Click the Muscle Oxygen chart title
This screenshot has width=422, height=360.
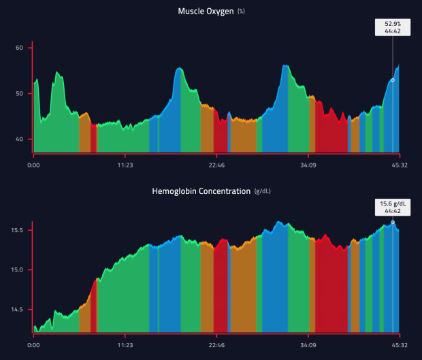pyautogui.click(x=206, y=11)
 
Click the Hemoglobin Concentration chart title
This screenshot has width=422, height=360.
pyautogui.click(x=201, y=191)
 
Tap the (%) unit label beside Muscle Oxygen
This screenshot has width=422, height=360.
pyautogui.click(x=241, y=12)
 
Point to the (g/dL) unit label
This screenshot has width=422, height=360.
pyautogui.click(x=262, y=192)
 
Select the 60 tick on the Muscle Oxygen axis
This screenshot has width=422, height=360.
pyautogui.click(x=20, y=48)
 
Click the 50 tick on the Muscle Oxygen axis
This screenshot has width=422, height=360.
pyautogui.click(x=20, y=93)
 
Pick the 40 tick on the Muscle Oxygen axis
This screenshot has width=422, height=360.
pyautogui.click(x=20, y=139)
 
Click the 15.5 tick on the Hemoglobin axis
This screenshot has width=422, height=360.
pyautogui.click(x=18, y=231)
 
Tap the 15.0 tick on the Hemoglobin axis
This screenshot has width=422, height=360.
pyautogui.click(x=18, y=270)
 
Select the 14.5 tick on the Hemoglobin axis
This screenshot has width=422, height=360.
pyautogui.click(x=18, y=310)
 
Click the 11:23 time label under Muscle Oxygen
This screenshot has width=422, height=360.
pyautogui.click(x=125, y=165)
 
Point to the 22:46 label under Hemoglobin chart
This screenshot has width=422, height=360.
pyautogui.click(x=216, y=345)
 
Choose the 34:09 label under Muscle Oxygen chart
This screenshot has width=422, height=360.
pyautogui.click(x=308, y=165)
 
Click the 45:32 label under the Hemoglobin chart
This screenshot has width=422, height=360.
pyautogui.click(x=399, y=345)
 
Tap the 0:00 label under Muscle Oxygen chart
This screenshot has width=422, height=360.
pyautogui.click(x=33, y=165)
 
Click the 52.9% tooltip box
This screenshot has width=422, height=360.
pyautogui.click(x=392, y=27)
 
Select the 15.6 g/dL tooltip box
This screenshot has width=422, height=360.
pyautogui.click(x=392, y=207)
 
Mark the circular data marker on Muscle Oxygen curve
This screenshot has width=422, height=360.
pyautogui.click(x=393, y=80)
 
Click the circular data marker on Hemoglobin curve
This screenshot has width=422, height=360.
pyautogui.click(x=393, y=222)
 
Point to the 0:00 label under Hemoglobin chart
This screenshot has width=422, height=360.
pyautogui.click(x=33, y=345)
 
